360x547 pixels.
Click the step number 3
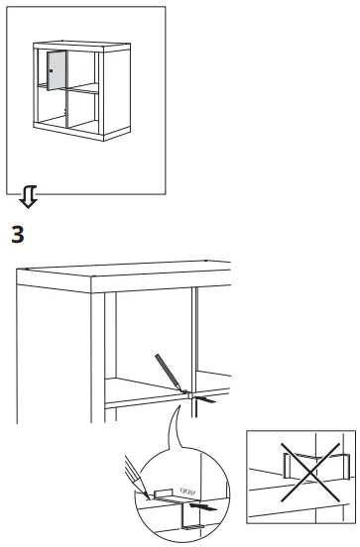click(x=17, y=237)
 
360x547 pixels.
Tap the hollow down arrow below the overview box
click(x=30, y=198)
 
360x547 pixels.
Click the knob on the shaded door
click(x=49, y=71)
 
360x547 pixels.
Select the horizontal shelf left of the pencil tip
click(x=139, y=388)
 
